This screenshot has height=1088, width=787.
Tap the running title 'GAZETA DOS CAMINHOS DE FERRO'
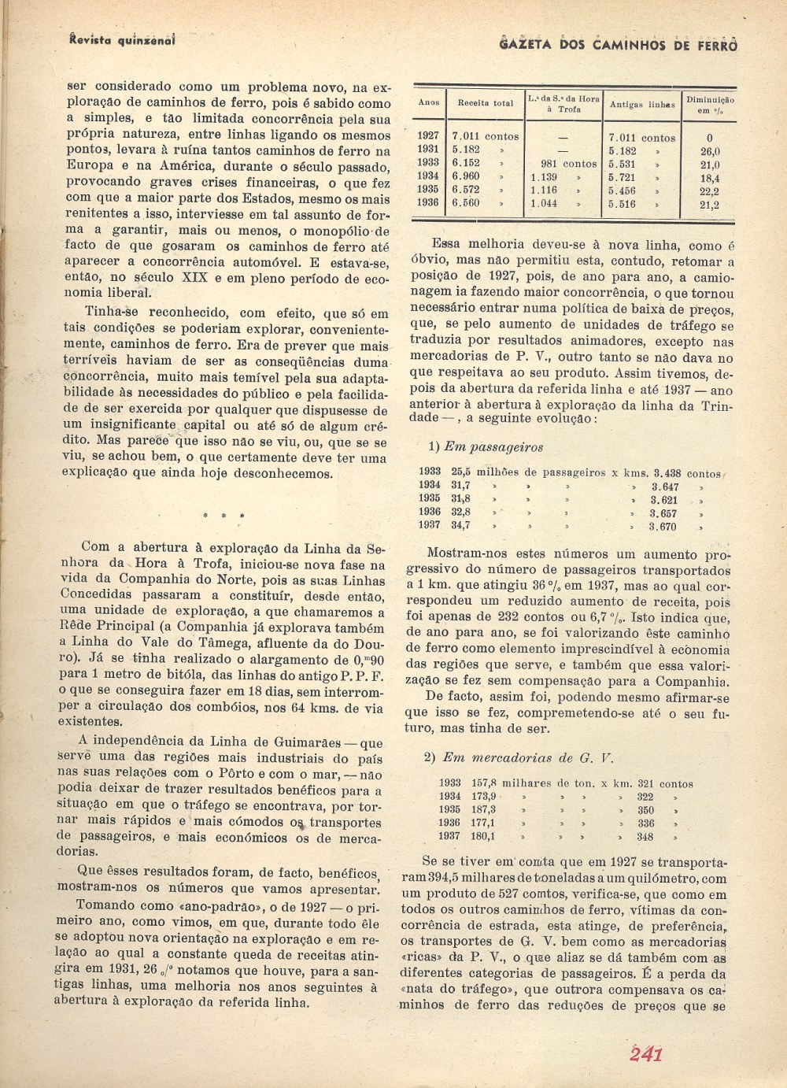click(x=619, y=46)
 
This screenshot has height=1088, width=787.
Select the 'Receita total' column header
click(x=486, y=103)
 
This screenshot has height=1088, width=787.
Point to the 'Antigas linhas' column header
click(x=642, y=104)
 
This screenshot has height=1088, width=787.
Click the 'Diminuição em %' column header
click(x=710, y=105)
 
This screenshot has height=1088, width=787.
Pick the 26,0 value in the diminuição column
click(x=710, y=151)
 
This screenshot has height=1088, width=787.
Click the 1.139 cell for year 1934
click(x=544, y=178)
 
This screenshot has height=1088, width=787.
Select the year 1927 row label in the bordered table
click(x=428, y=136)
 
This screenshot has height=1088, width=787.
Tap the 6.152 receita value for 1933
click(x=467, y=164)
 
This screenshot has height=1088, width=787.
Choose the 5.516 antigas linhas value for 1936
click(x=623, y=204)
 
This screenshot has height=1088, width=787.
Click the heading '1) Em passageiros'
click(x=486, y=447)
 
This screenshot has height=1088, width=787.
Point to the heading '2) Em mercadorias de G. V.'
click(x=518, y=758)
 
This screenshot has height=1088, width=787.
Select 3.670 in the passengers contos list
click(x=663, y=527)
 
